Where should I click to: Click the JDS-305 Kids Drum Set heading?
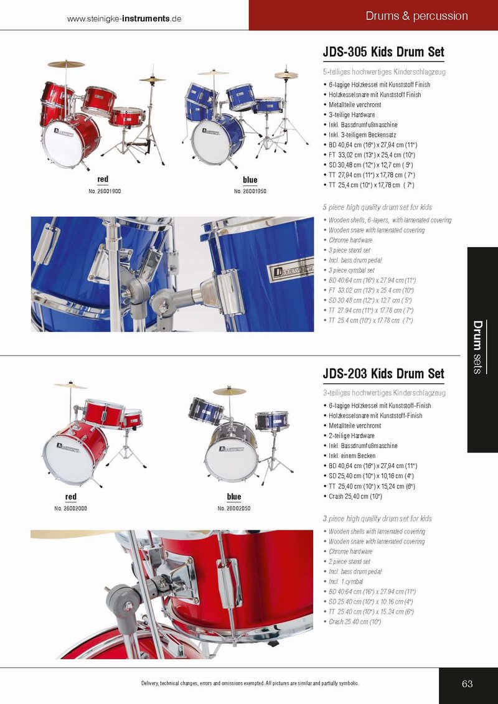coord(383,52)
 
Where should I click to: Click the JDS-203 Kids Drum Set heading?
coord(383,373)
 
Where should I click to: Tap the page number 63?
coord(467,684)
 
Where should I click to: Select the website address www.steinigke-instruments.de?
coord(124,19)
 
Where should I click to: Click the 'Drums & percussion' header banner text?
coord(416,16)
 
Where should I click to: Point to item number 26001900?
coord(105,191)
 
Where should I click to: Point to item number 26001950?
coord(250,191)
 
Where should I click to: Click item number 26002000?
coord(70,509)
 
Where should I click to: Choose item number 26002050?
coord(234,509)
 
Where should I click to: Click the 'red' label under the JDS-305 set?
coord(103,180)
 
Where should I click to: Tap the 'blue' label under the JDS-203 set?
coord(234,497)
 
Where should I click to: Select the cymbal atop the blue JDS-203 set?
coord(230,391)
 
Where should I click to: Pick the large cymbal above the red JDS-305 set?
coord(66,63)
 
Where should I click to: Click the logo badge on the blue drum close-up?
coord(290,271)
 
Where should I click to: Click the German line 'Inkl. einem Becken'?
coord(352,456)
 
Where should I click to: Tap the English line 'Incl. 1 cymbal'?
coord(345,582)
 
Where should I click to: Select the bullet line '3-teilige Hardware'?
coord(352,115)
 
